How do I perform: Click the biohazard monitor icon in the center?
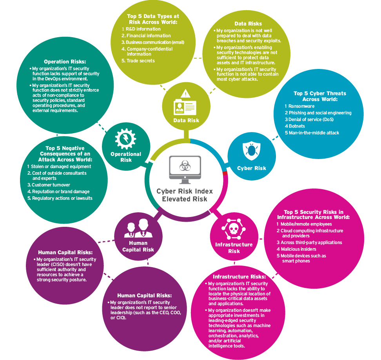[x=185, y=170]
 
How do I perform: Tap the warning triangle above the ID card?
[x=186, y=94]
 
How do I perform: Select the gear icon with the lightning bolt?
[x=125, y=139]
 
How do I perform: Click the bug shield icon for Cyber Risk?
[x=252, y=150]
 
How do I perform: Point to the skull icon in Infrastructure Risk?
[x=234, y=229]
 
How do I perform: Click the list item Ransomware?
[x=299, y=106]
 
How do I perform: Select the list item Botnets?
[x=295, y=126]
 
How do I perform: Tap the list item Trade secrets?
[x=138, y=61]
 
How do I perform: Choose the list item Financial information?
[x=146, y=35]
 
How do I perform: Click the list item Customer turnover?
[x=49, y=185]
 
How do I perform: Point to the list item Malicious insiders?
[x=296, y=249]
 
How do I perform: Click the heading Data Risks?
[x=248, y=24]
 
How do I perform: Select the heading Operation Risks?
[x=65, y=62]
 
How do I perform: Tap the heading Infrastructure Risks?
[x=239, y=277]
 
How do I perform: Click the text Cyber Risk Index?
[x=185, y=191]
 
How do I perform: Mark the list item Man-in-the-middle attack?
[x=312, y=133]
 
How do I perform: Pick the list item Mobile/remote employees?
[x=304, y=224]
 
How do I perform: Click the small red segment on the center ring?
[x=225, y=173]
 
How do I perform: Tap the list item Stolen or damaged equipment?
[x=59, y=166]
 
